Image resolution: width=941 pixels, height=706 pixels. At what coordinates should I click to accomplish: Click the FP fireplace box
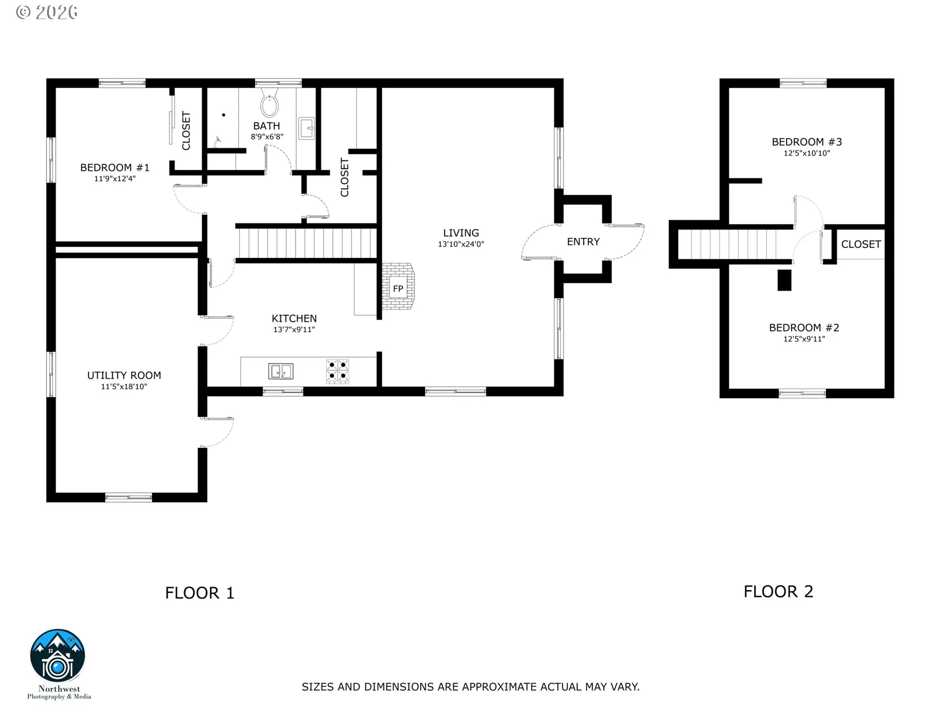pyautogui.click(x=398, y=289)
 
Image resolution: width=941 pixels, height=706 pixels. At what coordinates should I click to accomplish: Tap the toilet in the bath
pyautogui.click(x=270, y=101)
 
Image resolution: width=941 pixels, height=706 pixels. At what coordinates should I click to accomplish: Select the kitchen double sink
pyautogui.click(x=281, y=371)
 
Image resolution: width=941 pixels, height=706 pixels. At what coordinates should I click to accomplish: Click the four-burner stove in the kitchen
pyautogui.click(x=338, y=371)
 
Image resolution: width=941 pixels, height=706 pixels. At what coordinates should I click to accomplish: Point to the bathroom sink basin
pyautogui.click(x=307, y=128)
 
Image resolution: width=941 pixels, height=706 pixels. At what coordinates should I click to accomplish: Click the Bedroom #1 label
pyautogui.click(x=115, y=168)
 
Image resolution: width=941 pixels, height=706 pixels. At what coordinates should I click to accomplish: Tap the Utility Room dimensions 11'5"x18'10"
pyautogui.click(x=124, y=387)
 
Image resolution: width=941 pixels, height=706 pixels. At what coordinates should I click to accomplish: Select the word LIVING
pyautogui.click(x=461, y=233)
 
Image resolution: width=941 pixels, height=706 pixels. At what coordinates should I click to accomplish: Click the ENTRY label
pyautogui.click(x=583, y=242)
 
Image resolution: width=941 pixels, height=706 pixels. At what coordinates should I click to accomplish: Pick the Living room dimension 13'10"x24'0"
pyautogui.click(x=461, y=244)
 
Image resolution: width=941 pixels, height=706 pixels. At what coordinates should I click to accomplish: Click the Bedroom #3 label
pyautogui.click(x=807, y=142)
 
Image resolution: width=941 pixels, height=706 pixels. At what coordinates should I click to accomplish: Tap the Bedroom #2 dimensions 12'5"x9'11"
pyautogui.click(x=804, y=339)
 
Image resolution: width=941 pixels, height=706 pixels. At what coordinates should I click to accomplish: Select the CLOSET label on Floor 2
pyautogui.click(x=861, y=244)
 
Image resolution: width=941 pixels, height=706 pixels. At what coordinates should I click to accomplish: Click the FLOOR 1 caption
pyautogui.click(x=200, y=593)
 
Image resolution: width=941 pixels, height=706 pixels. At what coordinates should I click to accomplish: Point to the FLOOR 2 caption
pyautogui.click(x=778, y=592)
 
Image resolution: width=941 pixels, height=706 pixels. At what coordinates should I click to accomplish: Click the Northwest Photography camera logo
pyautogui.click(x=58, y=656)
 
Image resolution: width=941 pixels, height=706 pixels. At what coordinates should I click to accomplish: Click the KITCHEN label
pyautogui.click(x=294, y=319)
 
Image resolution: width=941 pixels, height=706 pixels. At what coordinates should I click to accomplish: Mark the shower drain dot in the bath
pyautogui.click(x=223, y=115)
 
